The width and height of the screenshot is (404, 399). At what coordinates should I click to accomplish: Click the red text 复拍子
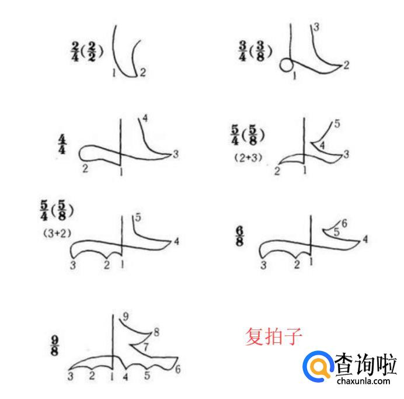coord(273,336)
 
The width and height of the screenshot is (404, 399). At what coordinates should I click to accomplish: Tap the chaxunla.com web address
coord(363,380)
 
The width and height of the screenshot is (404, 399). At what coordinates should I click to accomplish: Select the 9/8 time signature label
coord(54,346)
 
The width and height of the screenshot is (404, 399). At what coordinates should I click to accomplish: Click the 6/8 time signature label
coord(239,236)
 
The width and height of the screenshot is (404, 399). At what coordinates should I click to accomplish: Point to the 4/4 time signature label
coord(62,144)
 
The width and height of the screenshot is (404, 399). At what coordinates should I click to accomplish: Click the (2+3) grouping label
coord(248,158)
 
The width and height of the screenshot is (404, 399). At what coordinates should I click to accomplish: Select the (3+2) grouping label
coord(57,234)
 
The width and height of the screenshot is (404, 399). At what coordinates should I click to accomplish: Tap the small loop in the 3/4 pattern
coord(286,65)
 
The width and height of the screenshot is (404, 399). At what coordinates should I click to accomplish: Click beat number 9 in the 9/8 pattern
coord(126,316)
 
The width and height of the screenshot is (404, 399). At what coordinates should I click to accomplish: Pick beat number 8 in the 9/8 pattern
coord(156,332)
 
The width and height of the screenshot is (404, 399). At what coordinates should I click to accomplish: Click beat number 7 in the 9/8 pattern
coord(145,347)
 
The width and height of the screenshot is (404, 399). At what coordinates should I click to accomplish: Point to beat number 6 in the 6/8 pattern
coord(344,223)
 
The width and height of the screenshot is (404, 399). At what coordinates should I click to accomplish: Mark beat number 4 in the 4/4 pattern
coord(145,119)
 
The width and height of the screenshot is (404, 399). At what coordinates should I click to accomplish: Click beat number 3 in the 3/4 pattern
coord(316,27)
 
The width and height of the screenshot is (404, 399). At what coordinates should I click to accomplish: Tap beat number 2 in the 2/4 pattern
coord(142,72)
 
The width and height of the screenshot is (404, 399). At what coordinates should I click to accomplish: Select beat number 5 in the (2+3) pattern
coord(337,124)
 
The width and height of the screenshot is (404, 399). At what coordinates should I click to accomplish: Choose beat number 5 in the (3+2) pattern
coord(138,217)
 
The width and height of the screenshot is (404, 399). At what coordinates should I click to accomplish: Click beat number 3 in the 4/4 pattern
coord(176,154)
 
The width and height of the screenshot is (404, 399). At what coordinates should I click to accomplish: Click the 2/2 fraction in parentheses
coord(92,52)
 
